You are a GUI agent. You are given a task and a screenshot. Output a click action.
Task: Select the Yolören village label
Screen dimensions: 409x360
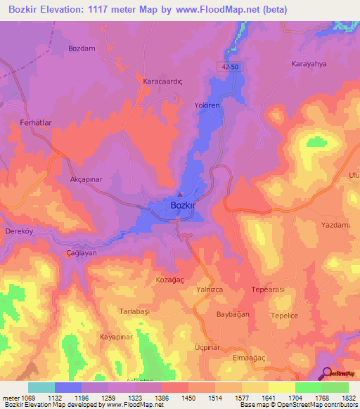pos(207,105)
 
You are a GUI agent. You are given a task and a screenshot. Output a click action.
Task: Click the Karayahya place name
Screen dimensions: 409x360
pos(310,64)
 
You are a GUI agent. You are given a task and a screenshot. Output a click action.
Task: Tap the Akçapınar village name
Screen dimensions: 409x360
pos(86,180)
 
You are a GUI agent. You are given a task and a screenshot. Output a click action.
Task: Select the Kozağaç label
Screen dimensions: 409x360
pos(169,279)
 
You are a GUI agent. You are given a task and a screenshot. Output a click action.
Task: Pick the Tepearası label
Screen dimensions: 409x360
pos(271,290)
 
